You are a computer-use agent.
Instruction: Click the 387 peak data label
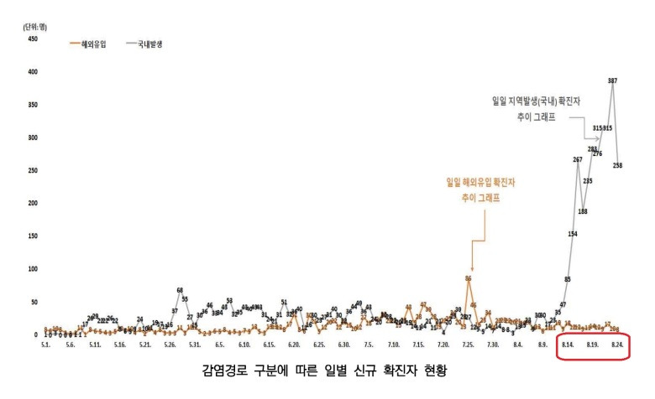point(613,80)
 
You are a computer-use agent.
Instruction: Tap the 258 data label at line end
point(618,166)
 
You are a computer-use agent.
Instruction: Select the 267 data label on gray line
point(578,159)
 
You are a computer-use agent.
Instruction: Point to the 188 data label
point(583,211)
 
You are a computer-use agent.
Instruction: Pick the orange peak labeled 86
point(469,278)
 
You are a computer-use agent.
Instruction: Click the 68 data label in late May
point(180,290)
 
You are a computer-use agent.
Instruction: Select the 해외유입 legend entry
point(93,43)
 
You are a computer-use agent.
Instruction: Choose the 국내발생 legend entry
point(148,43)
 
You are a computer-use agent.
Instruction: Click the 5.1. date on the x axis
point(46,345)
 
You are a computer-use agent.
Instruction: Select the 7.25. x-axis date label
point(468,345)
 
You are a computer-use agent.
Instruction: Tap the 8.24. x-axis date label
point(616,345)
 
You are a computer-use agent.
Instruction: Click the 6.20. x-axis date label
point(294,345)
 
